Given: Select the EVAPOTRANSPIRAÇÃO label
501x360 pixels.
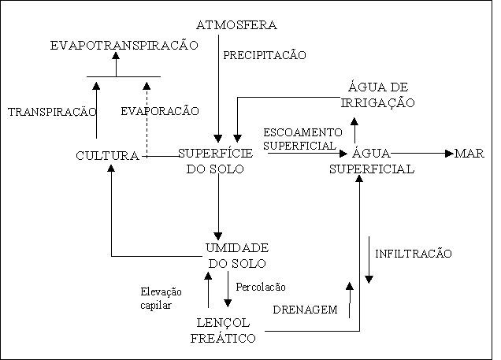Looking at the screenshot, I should pyautogui.click(x=123, y=46).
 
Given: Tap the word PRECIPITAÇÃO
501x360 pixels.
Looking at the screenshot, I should pyautogui.click(x=265, y=55).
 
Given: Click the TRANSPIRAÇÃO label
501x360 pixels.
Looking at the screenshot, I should pyautogui.click(x=52, y=113).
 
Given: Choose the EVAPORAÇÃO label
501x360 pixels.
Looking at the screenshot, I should pyautogui.click(x=161, y=112).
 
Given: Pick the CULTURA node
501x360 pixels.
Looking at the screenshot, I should pyautogui.click(x=107, y=156).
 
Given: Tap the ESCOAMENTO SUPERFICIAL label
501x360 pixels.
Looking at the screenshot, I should pyautogui.click(x=302, y=139).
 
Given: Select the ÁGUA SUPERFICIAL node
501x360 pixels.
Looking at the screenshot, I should pyautogui.click(x=372, y=161).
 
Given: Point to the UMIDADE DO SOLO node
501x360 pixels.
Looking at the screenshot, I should pyautogui.click(x=237, y=255).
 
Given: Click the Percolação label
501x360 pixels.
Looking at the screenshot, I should pyautogui.click(x=261, y=287).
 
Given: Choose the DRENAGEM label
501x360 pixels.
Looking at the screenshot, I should pyautogui.click(x=305, y=310).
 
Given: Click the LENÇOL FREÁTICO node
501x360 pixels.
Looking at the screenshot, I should pyautogui.click(x=225, y=330).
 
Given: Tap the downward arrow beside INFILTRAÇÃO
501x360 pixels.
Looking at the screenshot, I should pyautogui.click(x=369, y=260).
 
